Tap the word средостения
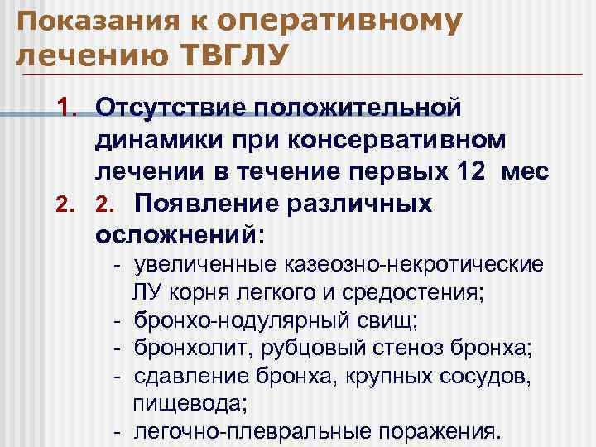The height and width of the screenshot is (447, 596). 421,292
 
